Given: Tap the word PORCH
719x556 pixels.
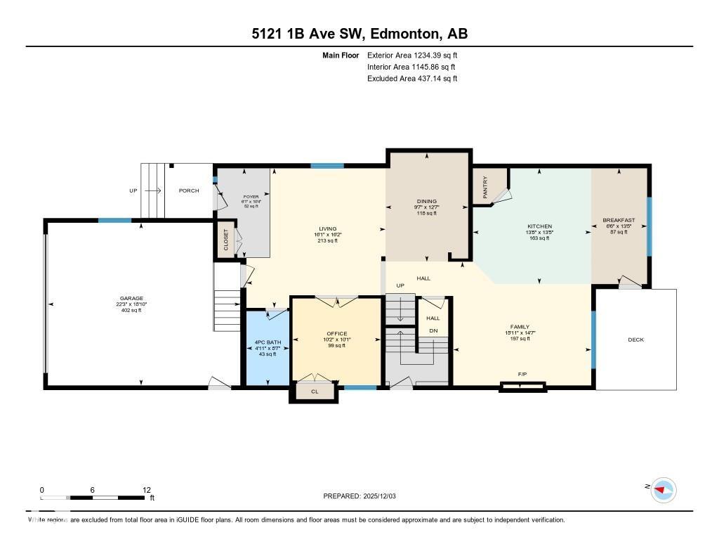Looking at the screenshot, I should click(x=189, y=190).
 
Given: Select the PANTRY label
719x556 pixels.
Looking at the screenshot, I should click(x=485, y=186).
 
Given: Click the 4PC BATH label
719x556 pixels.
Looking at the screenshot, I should click(x=266, y=343).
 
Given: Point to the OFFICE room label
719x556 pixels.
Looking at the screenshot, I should click(x=336, y=333).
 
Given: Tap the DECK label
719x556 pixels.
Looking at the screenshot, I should click(x=635, y=340).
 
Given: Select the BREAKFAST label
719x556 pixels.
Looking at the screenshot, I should click(x=619, y=220).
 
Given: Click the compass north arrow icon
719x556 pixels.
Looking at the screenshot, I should click(x=662, y=490).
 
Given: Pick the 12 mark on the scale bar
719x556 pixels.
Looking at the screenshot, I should click(x=147, y=490).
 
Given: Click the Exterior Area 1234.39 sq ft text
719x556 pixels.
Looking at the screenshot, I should click(x=412, y=55).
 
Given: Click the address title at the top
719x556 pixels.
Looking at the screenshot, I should click(x=359, y=34).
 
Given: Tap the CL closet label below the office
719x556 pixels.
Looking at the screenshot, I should click(x=315, y=392).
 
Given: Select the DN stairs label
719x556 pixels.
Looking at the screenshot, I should click(x=433, y=330).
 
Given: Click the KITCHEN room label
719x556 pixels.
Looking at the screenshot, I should click(x=539, y=226).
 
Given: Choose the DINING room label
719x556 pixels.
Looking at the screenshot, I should click(x=427, y=202).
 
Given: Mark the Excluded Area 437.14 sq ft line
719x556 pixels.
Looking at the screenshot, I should click(x=412, y=79).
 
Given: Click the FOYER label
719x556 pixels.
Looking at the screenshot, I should click(x=251, y=197).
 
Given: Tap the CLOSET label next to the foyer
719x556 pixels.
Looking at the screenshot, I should click(x=225, y=240).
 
